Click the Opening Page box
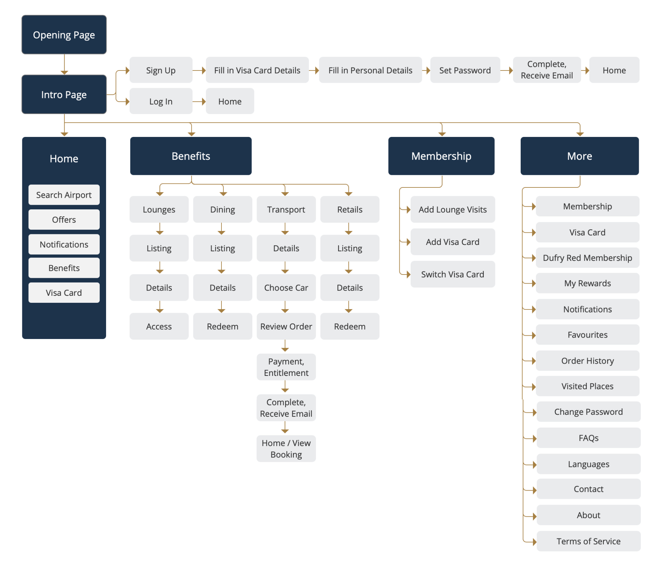click(64, 35)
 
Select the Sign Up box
click(161, 70)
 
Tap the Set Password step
click(465, 70)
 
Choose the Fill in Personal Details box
click(370, 70)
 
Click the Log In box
click(161, 101)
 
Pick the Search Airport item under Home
click(64, 195)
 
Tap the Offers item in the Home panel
click(64, 220)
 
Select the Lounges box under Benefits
click(159, 209)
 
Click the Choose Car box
click(286, 287)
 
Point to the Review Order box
click(286, 326)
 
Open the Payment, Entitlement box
click(286, 367)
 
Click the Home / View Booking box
click(286, 449)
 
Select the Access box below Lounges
click(159, 326)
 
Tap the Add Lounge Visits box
click(453, 209)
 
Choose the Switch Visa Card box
click(453, 274)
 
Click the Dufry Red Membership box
click(588, 258)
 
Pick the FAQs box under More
click(589, 438)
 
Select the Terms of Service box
click(589, 541)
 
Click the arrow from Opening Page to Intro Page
click(64, 64)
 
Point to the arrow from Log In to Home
click(199, 101)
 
